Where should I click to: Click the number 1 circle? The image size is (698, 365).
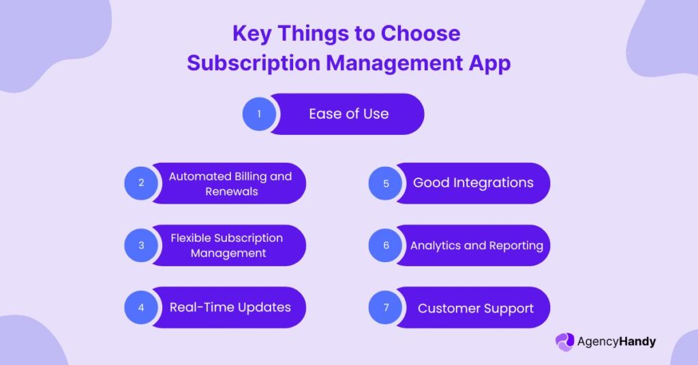[259, 114]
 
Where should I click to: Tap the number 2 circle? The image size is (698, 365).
[141, 182]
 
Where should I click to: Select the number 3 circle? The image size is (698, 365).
[141, 245]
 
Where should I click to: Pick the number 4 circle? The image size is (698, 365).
[141, 307]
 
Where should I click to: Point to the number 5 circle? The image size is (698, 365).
[386, 183]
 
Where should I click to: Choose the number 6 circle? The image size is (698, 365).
[386, 245]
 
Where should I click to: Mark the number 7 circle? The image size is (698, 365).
[386, 307]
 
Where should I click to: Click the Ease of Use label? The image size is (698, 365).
[349, 114]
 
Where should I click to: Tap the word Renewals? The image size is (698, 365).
[232, 191]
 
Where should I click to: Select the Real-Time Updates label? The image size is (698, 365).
[230, 307]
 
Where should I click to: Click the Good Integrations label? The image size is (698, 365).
[473, 182]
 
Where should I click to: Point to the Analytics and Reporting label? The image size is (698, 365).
[476, 246]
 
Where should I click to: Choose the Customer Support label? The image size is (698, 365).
[475, 308]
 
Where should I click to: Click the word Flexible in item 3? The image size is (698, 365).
[191, 238]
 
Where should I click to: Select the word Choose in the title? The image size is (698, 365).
[420, 33]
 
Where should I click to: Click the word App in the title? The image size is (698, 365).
[489, 63]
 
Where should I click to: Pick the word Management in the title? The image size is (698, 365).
[395, 63]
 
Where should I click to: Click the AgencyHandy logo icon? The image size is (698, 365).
[565, 343]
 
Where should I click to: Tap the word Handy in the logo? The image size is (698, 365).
[637, 342]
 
